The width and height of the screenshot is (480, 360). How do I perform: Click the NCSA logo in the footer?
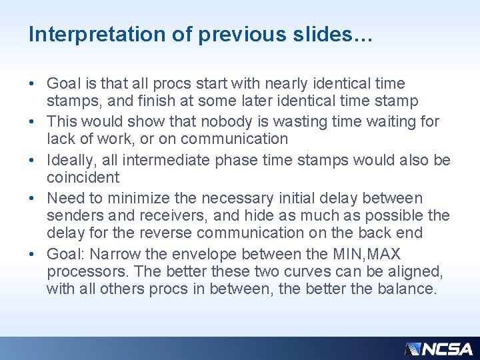tap(439, 349)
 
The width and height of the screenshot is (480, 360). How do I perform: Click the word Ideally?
tap(72, 160)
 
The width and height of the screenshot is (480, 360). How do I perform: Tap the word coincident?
tap(83, 177)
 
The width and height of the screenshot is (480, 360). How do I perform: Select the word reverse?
tap(175, 233)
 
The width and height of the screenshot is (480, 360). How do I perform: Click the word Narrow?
tap(113, 255)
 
